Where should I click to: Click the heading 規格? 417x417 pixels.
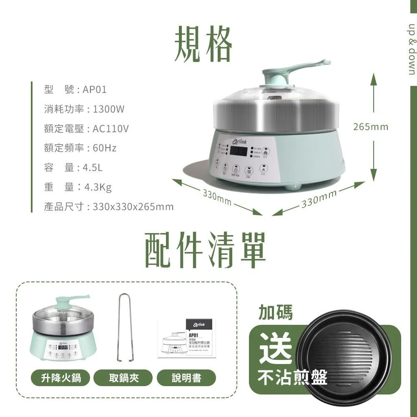(203, 44)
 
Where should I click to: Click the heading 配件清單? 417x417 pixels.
(205, 250)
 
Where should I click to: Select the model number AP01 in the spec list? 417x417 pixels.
(95, 90)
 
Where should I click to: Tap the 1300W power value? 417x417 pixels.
(108, 109)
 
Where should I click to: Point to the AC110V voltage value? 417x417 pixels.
(111, 129)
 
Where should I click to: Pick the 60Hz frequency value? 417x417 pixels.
(104, 148)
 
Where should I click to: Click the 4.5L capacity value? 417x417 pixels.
(93, 168)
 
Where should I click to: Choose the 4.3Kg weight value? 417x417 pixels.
(98, 187)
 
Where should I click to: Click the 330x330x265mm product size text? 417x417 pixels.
(133, 207)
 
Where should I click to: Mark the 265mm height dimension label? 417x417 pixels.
(370, 126)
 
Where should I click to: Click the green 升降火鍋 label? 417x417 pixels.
(60, 378)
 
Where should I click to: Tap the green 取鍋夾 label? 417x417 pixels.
(124, 378)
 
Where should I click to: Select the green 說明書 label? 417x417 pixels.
(186, 378)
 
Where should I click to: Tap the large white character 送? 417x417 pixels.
(275, 349)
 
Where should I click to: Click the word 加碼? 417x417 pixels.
(276, 312)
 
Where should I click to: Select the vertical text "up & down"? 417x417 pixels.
(412, 48)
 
